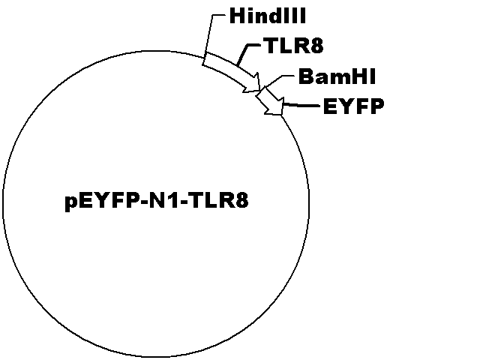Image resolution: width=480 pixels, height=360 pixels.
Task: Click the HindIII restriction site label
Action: pyautogui.click(x=268, y=16)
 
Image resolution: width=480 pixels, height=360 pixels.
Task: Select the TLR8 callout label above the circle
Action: pyautogui.click(x=295, y=46)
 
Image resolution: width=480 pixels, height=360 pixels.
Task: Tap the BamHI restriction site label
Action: pyautogui.click(x=337, y=76)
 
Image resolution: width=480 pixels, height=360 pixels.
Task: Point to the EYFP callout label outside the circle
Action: pyautogui.click(x=353, y=106)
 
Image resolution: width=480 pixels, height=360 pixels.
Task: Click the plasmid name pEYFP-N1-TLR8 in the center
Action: pyautogui.click(x=157, y=201)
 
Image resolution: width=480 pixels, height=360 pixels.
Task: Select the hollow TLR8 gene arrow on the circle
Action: pyautogui.click(x=232, y=73)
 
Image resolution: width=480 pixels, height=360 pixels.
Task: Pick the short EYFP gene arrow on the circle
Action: pyautogui.click(x=270, y=102)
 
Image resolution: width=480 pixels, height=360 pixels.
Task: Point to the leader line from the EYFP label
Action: pyautogui.click(x=301, y=106)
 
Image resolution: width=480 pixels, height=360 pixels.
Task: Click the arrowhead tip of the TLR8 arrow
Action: pyautogui.click(x=260, y=90)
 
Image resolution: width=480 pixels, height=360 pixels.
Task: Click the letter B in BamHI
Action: pyautogui.click(x=305, y=76)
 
